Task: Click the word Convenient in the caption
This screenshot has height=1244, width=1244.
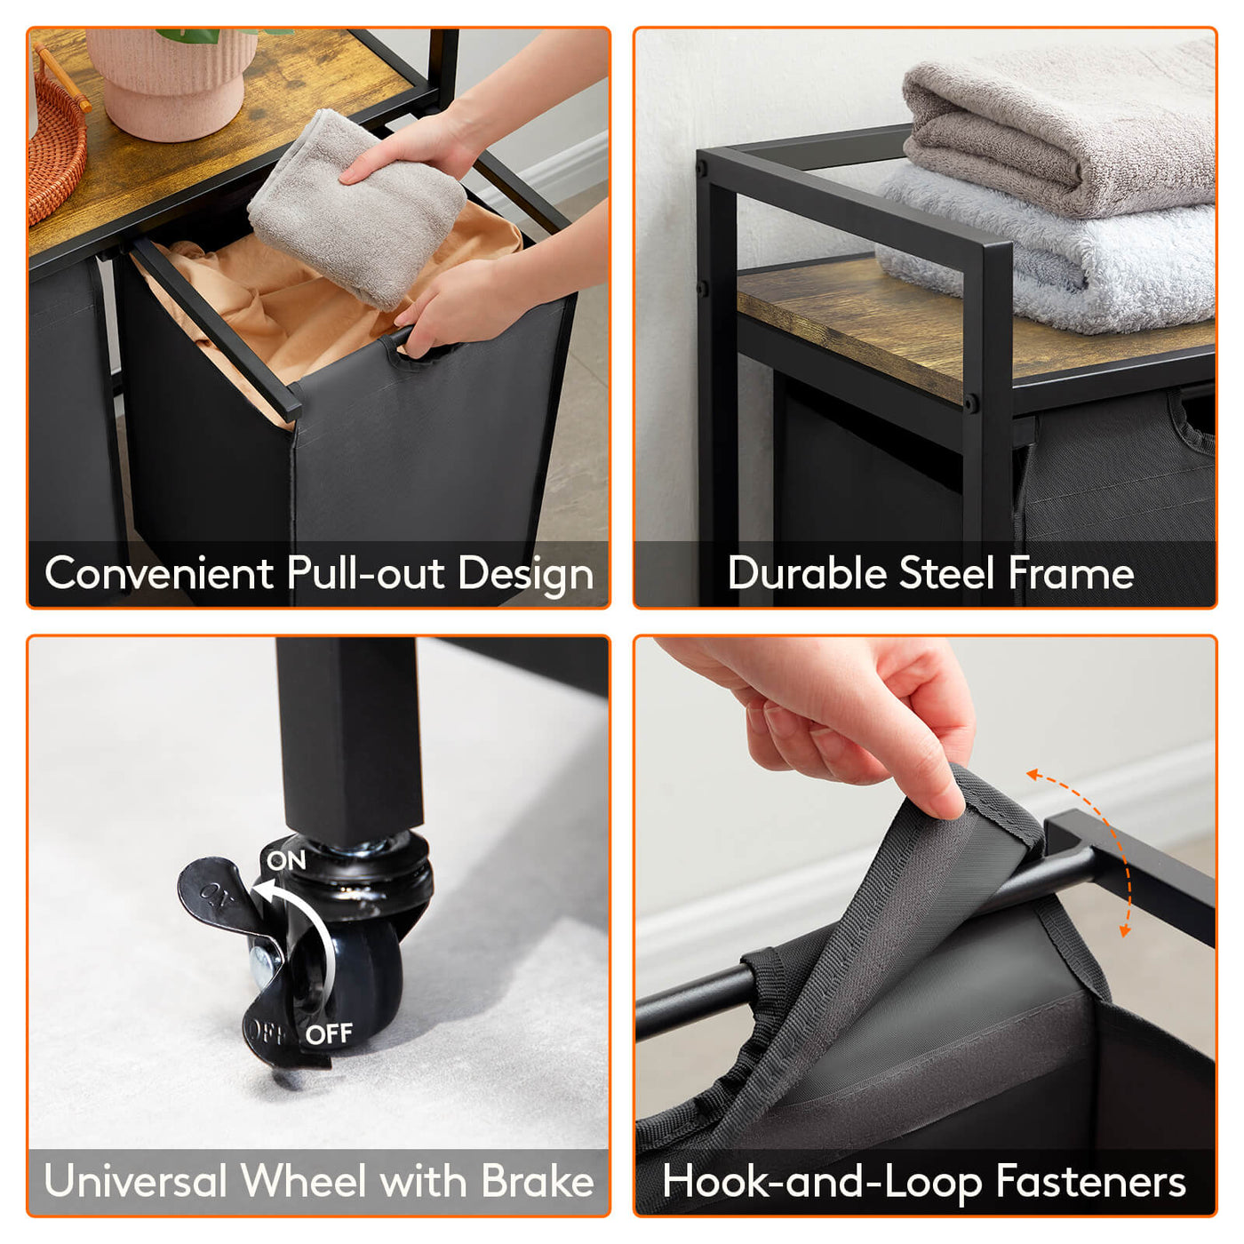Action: (159, 573)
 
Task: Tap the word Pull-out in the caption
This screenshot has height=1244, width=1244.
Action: (366, 573)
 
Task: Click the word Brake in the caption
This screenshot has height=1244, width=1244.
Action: (538, 1181)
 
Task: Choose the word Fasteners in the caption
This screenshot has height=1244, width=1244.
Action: (1090, 1181)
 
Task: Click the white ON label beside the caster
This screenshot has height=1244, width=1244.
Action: (286, 860)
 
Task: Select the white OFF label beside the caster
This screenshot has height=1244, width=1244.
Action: (330, 1033)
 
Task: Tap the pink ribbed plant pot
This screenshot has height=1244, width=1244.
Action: (171, 83)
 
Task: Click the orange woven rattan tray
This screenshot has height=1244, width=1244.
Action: (57, 136)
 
